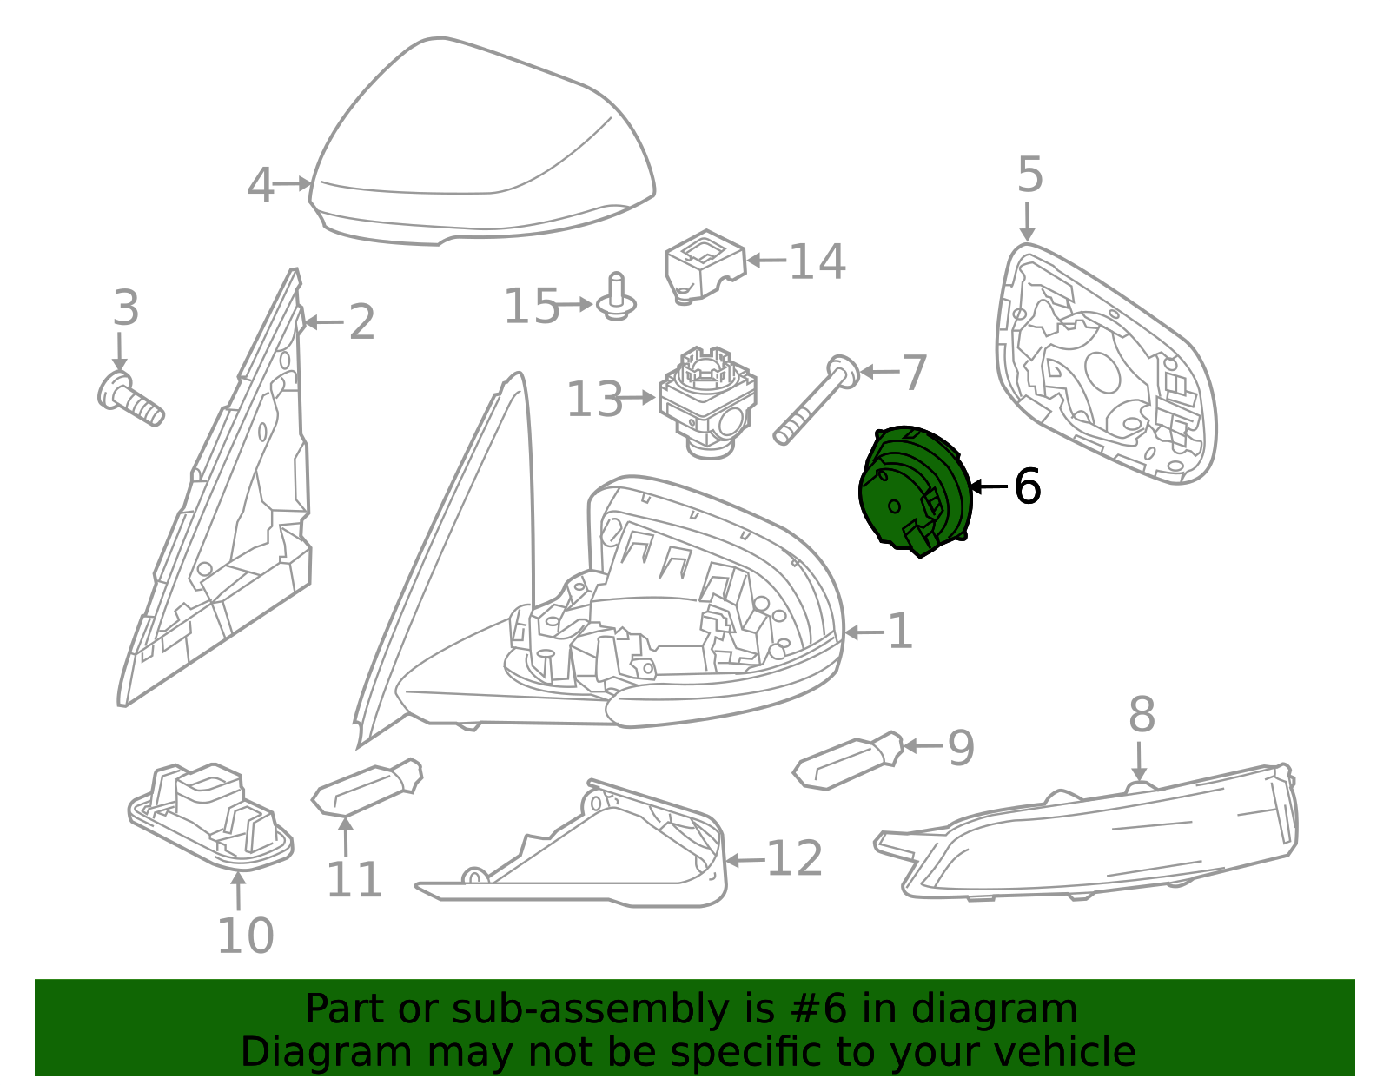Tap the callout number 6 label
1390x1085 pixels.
click(x=1028, y=486)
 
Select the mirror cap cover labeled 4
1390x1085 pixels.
click(x=482, y=142)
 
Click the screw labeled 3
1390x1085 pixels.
click(x=130, y=399)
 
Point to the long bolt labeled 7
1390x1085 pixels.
click(x=817, y=399)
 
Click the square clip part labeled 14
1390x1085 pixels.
click(x=705, y=267)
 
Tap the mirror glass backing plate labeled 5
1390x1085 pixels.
click(x=1105, y=363)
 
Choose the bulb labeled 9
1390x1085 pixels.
click(x=848, y=760)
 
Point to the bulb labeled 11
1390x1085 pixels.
click(x=367, y=788)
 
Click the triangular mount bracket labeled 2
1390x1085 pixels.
click(x=215, y=488)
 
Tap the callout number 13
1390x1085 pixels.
click(x=594, y=400)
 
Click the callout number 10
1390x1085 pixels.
click(x=246, y=936)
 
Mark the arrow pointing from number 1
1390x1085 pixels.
click(x=864, y=633)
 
